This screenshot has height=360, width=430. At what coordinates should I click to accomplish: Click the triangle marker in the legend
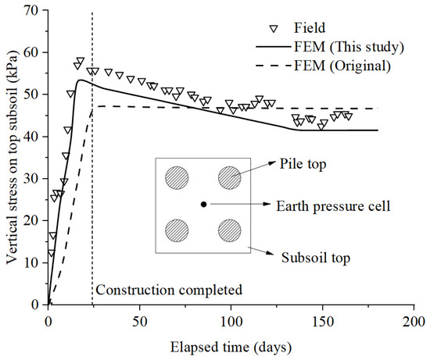tap(272, 29)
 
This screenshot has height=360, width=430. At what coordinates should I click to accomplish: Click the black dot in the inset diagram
tap(203, 204)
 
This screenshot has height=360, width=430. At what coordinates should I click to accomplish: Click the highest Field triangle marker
tap(79, 61)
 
